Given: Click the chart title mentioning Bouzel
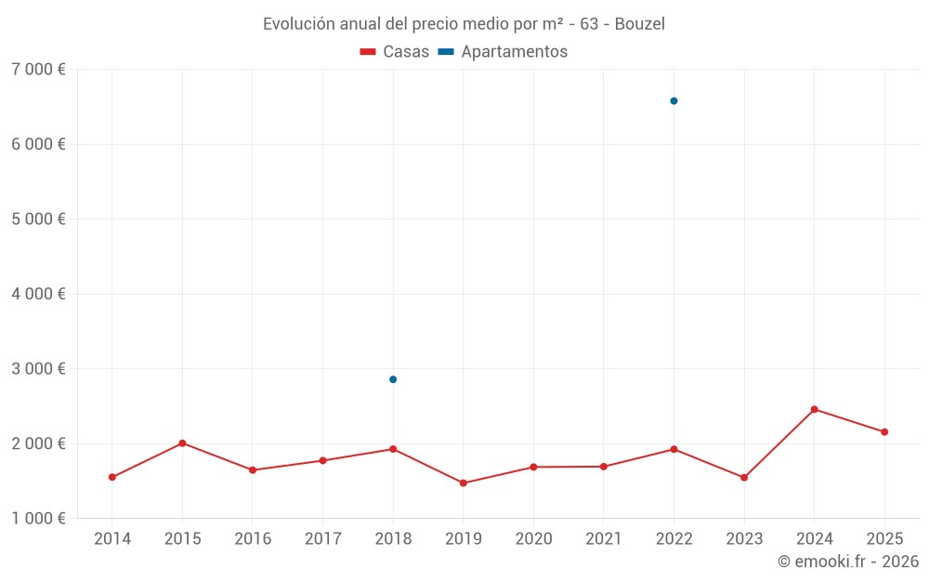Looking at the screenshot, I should pos(464,23).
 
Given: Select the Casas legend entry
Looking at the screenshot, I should pos(395,52).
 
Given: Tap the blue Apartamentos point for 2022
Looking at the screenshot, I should pos(674,100).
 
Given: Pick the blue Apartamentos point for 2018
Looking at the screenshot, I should pos(393,379).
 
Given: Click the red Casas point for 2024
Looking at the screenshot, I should pos(814,409).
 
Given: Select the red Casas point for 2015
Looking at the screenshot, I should pos(182,443).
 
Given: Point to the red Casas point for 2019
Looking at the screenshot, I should pos(463,483).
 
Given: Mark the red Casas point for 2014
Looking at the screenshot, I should pos(112,477).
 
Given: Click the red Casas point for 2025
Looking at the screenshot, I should pos(884,431).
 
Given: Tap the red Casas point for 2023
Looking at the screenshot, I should pos(744,478).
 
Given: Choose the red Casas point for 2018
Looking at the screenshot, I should pos(393,449).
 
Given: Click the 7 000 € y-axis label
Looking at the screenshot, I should pos(38,70).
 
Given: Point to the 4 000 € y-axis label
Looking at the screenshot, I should pos(38,294).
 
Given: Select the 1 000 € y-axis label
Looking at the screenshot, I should pos(38,518).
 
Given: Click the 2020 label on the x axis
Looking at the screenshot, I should pos(533,539).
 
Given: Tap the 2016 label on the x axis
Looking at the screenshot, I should pos(253,539).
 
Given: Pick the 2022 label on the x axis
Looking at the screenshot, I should pos(674,539).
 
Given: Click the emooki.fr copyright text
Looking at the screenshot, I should pos(847,561).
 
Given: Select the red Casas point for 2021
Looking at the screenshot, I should pos(604,467).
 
